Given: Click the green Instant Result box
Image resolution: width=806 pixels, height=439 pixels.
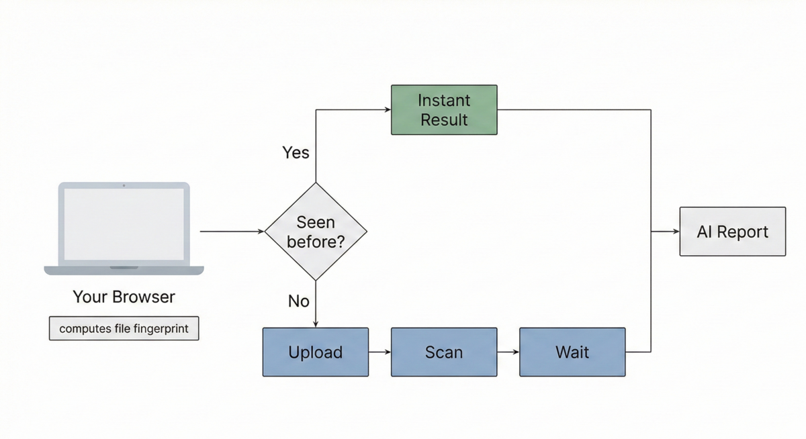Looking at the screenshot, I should click(x=444, y=109).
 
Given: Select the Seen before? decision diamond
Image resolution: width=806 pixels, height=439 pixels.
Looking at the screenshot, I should click(x=316, y=232).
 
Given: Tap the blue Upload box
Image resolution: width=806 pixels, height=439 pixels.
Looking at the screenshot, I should click(x=315, y=352).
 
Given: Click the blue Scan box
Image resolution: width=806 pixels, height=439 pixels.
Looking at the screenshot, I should click(x=444, y=352).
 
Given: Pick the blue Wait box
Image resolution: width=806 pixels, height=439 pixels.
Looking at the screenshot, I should click(x=572, y=352).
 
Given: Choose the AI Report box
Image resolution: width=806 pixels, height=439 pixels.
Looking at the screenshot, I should click(x=732, y=232).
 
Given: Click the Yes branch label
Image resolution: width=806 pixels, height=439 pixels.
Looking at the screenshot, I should click(x=296, y=153).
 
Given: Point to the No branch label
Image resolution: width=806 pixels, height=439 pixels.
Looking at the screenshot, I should click(x=298, y=301).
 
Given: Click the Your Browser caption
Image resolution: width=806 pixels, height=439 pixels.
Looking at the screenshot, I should click(x=124, y=297).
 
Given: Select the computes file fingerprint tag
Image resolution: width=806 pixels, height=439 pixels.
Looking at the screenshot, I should click(x=124, y=329).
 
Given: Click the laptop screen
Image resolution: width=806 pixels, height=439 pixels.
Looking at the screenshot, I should click(x=124, y=224).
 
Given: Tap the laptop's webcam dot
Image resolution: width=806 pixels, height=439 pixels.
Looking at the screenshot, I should click(x=124, y=185).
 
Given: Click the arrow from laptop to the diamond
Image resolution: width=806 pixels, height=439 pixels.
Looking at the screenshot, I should click(x=232, y=232).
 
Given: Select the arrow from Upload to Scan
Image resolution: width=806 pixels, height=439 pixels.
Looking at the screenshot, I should click(x=379, y=352).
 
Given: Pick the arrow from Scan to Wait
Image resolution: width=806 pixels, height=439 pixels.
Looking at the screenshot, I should click(x=508, y=352).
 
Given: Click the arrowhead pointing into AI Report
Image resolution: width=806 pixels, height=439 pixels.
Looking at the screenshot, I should click(x=675, y=232).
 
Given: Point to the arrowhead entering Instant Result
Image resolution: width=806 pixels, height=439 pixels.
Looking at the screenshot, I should click(x=387, y=109).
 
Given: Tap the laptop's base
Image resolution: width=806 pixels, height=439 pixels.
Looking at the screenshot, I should click(x=124, y=270).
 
